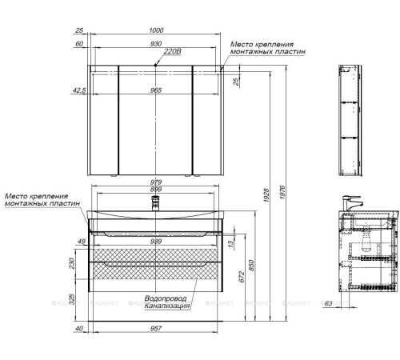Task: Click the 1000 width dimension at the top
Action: tap(156, 30)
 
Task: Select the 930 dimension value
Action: tap(156, 43)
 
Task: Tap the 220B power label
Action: tap(173, 51)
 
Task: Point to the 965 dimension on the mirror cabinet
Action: tap(156, 90)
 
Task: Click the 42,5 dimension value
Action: tap(79, 90)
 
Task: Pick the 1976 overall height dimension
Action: tap(282, 193)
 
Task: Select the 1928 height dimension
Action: tap(266, 195)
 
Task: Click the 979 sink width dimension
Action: tap(156, 182)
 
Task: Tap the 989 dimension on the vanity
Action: tap(156, 242)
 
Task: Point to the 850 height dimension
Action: tap(251, 266)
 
